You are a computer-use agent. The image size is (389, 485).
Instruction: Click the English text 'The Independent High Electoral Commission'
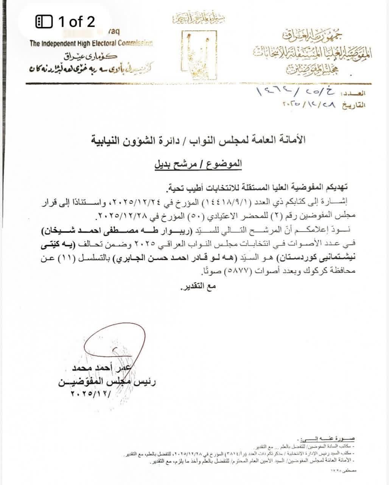tap(91, 44)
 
